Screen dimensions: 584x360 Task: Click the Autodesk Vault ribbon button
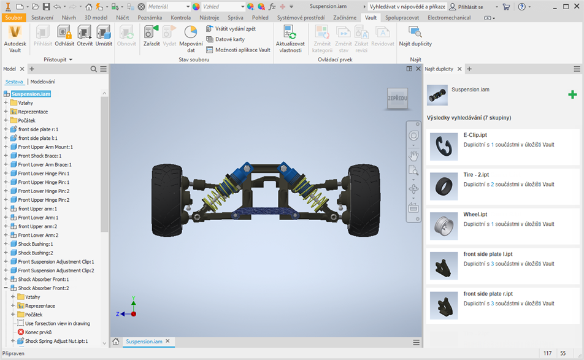tap(15, 39)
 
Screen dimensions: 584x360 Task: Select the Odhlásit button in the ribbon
tap(64, 36)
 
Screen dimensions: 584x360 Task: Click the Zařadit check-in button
tap(152, 36)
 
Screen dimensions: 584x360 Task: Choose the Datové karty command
tap(226, 39)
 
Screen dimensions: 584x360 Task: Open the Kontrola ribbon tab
tap(180, 18)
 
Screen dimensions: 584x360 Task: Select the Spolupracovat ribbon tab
tap(402, 18)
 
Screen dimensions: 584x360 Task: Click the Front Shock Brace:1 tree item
tap(39, 156)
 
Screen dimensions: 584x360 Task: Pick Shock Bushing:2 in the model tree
tap(36, 253)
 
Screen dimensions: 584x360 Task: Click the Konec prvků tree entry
tap(38, 332)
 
